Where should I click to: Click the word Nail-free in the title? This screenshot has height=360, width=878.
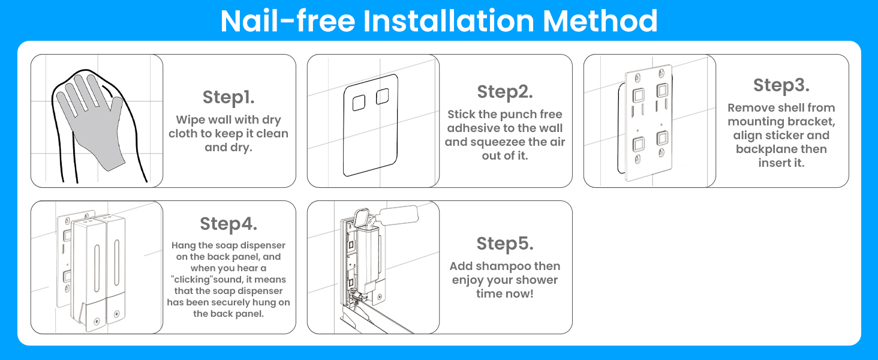(288, 21)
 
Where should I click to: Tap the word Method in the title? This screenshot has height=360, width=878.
(600, 21)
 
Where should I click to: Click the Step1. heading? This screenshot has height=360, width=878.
(228, 97)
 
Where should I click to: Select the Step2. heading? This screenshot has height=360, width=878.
(505, 92)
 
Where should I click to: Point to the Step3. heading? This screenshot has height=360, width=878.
(781, 85)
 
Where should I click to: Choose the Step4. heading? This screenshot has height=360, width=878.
(228, 224)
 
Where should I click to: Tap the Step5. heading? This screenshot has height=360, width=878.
(505, 244)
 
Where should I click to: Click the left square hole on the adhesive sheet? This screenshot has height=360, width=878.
(359, 103)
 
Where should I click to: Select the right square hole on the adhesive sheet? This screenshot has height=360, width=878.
(382, 97)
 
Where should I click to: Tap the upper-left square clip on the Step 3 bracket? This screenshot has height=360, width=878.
(638, 95)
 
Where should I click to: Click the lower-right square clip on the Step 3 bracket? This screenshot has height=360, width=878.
(663, 138)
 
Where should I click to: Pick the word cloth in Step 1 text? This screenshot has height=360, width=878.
(183, 134)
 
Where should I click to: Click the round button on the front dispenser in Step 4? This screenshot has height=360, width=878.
(97, 322)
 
